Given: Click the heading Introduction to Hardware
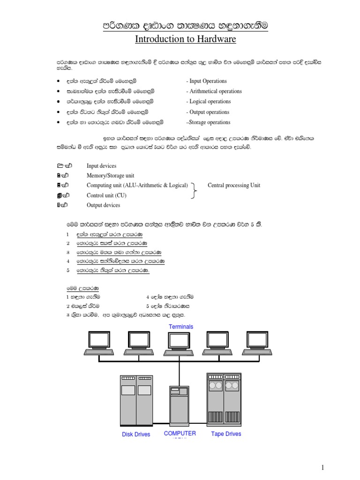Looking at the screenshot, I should coord(185,39).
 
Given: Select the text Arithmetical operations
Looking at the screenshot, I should coord(214,91).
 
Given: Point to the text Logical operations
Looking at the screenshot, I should coord(210,102).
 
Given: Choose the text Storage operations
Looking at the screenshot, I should coord(209,122).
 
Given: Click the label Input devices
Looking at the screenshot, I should coord(101,166).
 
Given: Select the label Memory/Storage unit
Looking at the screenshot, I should coord(110,176).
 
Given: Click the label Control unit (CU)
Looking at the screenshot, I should coord(106,195).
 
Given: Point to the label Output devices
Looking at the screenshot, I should coord(103,205).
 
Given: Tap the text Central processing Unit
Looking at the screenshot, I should coord(233,185).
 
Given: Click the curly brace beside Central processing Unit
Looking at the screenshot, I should coord(195,190).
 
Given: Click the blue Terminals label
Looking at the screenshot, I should coord(180,327).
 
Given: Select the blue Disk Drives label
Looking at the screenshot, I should coord(136,435).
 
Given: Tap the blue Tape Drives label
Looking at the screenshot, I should coord(226,434).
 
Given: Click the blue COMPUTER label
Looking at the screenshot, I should coord(180,434).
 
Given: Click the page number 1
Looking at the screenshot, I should coord(323,467).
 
